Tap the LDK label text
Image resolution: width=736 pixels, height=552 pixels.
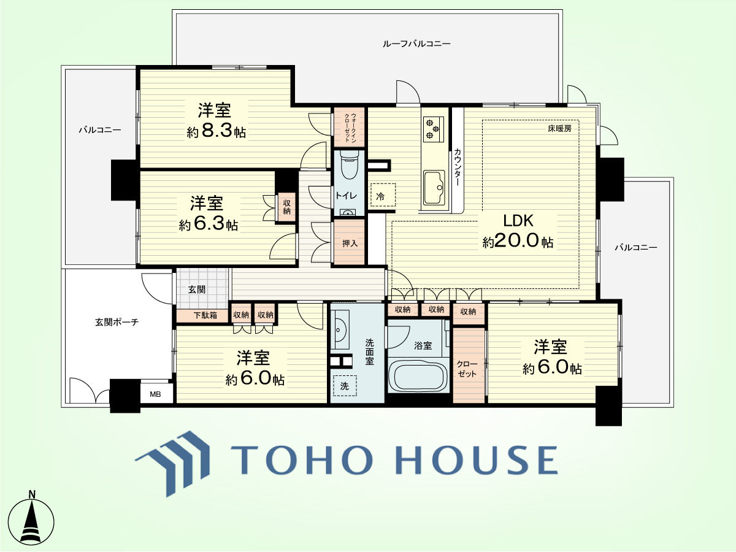pos(518,220)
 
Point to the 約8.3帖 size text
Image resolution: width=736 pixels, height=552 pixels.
pos(217,131)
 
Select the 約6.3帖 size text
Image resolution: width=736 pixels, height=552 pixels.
pos(208,224)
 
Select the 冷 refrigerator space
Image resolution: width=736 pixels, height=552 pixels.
pos(383,195)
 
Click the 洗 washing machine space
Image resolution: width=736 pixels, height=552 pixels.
pos(345,386)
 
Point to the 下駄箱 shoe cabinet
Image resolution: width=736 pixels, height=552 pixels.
pos(203,315)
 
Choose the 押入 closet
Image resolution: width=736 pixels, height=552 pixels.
pos(349,242)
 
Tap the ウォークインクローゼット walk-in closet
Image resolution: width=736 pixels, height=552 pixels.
pos(349,127)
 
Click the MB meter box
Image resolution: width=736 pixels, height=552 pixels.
pos(156,394)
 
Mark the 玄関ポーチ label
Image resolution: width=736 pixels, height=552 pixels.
pos(117,322)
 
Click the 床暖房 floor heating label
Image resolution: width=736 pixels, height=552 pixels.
pos(559,128)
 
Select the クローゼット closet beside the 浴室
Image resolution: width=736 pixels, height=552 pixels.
pos(469,366)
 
